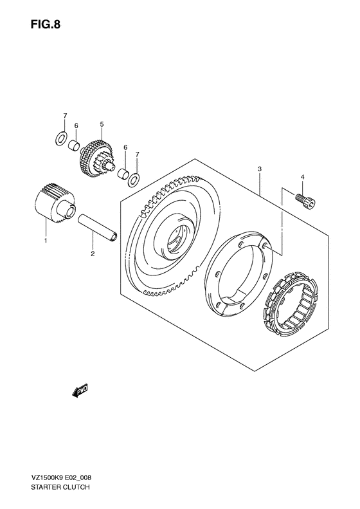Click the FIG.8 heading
pos(46,24)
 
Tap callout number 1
pos(46,241)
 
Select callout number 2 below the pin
pos(93,254)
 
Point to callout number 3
pos(260,169)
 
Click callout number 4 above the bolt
pos(302,177)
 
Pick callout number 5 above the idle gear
pos(102,124)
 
